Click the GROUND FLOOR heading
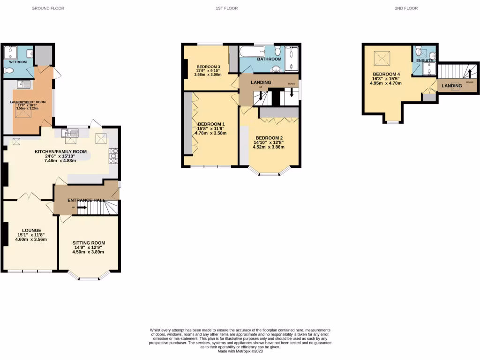[x=48, y=8]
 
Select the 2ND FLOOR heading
[x=406, y=8]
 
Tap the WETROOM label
[x=18, y=61]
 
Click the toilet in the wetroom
[x=8, y=71]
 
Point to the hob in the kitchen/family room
[x=113, y=156]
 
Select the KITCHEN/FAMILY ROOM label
[x=61, y=151]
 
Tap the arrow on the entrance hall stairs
[x=82, y=207]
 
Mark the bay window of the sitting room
[x=89, y=277]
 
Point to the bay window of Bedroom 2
[x=270, y=172]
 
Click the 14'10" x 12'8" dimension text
[x=270, y=142]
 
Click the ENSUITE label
[x=424, y=60]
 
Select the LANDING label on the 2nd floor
[x=451, y=86]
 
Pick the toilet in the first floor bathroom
[x=277, y=50]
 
